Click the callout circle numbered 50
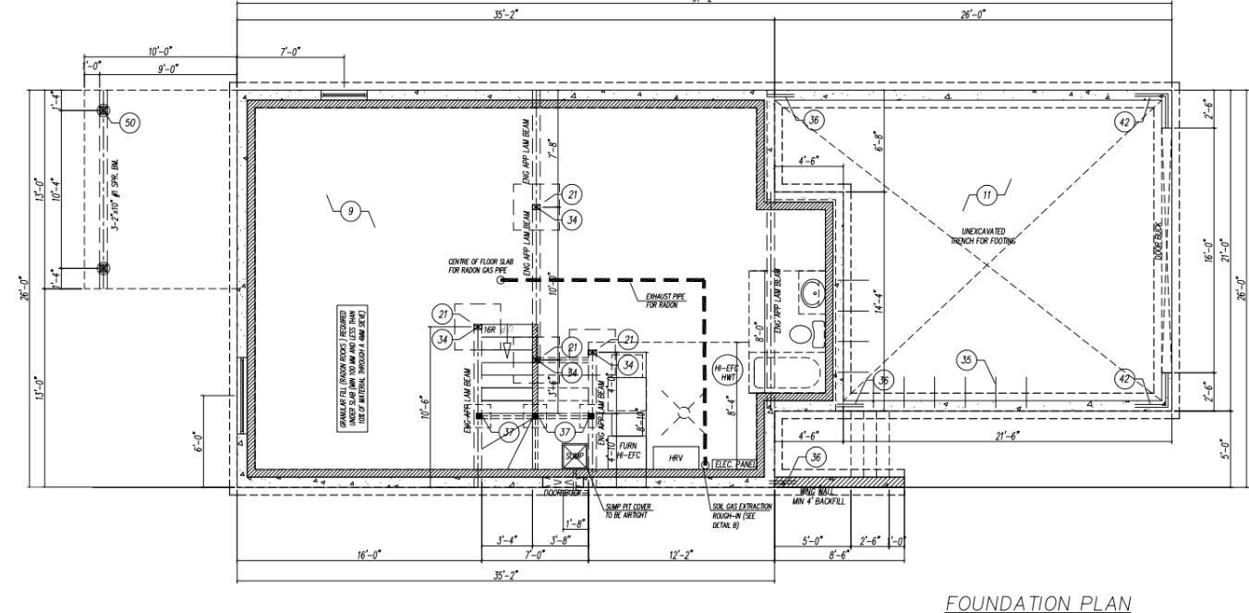[x=129, y=122]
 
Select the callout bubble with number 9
[x=350, y=212]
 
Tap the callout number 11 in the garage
[x=986, y=195]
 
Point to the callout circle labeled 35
[x=967, y=361]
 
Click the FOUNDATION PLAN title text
[x=1037, y=605]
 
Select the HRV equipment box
[x=675, y=458]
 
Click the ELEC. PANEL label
[x=736, y=463]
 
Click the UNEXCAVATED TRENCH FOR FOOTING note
[x=983, y=236]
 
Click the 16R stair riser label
[x=491, y=328]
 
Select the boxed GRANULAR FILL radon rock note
[x=353, y=367]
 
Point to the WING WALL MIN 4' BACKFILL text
[x=819, y=497]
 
